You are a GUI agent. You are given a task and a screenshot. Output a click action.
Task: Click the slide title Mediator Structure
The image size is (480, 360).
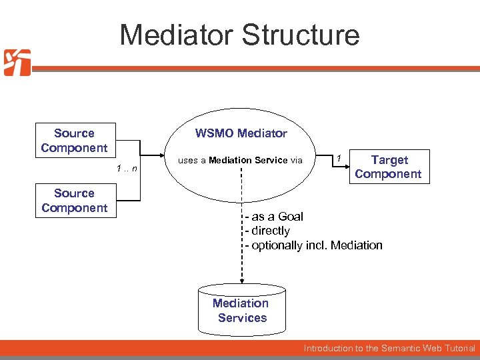point(239,35)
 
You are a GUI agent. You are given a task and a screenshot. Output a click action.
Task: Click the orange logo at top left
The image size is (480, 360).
point(17,63)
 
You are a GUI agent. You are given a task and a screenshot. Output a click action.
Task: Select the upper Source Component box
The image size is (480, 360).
point(74,141)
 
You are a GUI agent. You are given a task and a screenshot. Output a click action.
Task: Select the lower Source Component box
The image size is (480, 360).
point(74,201)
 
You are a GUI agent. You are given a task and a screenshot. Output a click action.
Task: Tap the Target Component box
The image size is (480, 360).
point(388,167)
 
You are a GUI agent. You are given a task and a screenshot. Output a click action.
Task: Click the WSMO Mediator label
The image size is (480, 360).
point(241,133)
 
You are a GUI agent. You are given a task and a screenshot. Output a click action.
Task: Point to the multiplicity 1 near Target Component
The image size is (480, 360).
point(339,158)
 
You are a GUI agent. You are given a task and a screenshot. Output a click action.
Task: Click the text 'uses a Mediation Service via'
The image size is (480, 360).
point(240,160)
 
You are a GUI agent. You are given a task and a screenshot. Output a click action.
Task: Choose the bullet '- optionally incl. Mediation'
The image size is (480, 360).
point(313,245)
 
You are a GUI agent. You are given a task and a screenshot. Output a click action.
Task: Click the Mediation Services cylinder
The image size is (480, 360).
point(241,309)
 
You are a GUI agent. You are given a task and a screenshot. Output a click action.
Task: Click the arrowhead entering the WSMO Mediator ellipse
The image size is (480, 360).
point(161,160)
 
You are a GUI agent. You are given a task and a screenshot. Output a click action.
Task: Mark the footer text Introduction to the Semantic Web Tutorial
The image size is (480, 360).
point(389,348)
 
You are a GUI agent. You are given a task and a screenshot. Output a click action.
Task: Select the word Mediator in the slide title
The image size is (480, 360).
point(175,35)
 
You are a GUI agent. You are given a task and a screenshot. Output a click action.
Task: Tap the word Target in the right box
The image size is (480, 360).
point(389,160)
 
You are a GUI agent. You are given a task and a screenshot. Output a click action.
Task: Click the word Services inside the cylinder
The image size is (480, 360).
point(242,318)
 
